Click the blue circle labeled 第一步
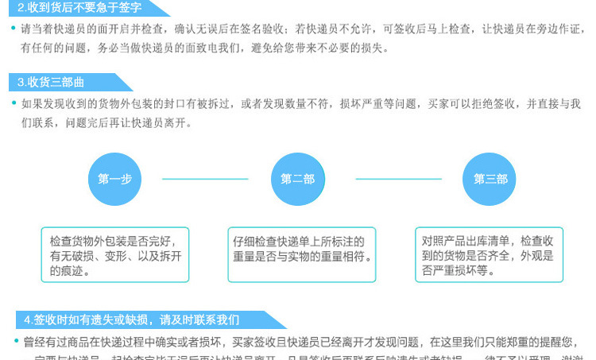coord(115,179)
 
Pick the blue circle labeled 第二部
coord(298,179)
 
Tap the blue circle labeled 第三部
coord(490,179)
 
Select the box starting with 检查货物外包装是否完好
coord(115,255)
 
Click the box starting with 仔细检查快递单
coord(303,255)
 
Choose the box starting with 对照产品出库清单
coord(490,255)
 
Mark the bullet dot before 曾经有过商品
coord(14,342)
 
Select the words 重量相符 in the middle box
coord(345,256)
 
